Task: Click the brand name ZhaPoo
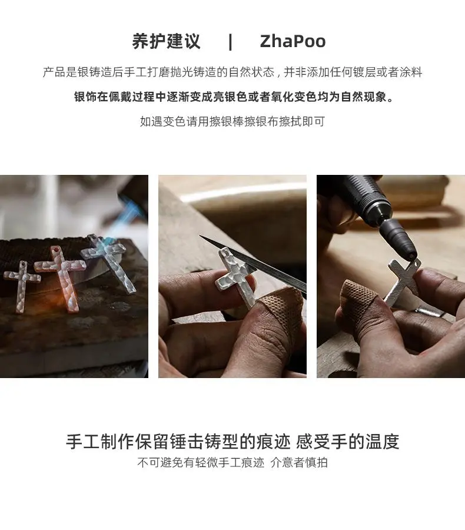pos(293,41)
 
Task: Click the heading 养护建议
pos(166,41)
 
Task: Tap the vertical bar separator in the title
pos(231,42)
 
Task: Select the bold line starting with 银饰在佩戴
pos(234,97)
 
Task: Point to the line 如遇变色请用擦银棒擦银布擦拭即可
pos(232,121)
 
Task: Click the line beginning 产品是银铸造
pos(232,72)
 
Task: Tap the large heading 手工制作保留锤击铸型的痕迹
pos(178,442)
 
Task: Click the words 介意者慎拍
pos(299,462)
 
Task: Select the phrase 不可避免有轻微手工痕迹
pos(201,462)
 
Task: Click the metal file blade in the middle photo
pos(254,264)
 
